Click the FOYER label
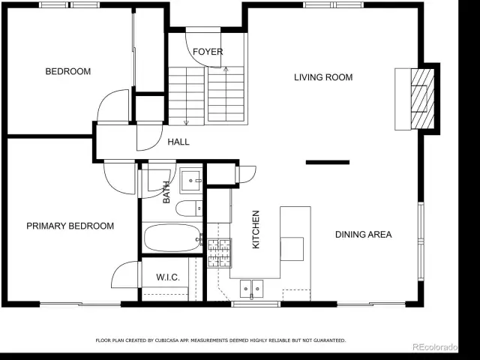coord(208,52)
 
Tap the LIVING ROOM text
coord(323,77)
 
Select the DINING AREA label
coord(363,235)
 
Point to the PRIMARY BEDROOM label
coord(70,226)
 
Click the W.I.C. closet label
coord(168,277)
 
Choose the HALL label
coord(178,142)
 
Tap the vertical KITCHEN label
coord(256,229)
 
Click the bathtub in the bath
coord(172,238)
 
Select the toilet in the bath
coord(189,208)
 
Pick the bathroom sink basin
coord(191,181)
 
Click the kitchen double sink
coord(251,288)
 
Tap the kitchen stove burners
coord(219,253)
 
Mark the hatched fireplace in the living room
coord(422,99)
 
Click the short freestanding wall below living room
coord(328,162)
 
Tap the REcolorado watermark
coord(435,347)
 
